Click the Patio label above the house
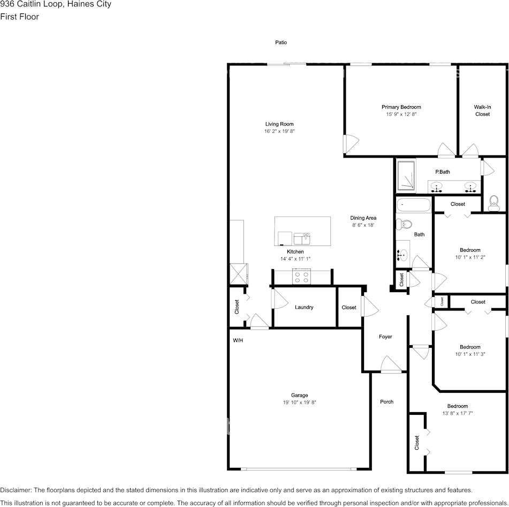pos(281,42)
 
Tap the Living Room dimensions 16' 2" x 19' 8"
pos(279,131)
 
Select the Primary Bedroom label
pos(401,107)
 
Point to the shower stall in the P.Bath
pos(406,176)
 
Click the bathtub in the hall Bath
pos(413,205)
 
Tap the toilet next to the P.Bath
pos(494,202)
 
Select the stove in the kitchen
pos(301,277)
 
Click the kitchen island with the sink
pos(302,230)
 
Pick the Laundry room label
pos(304,307)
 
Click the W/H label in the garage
pos(238,340)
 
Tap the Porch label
pos(386,401)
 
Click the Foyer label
pos(385,337)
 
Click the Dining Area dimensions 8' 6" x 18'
pos(363,225)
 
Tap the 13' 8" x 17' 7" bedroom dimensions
pos(458,413)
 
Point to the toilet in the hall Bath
pos(405,224)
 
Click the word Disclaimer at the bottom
pos(16,490)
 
